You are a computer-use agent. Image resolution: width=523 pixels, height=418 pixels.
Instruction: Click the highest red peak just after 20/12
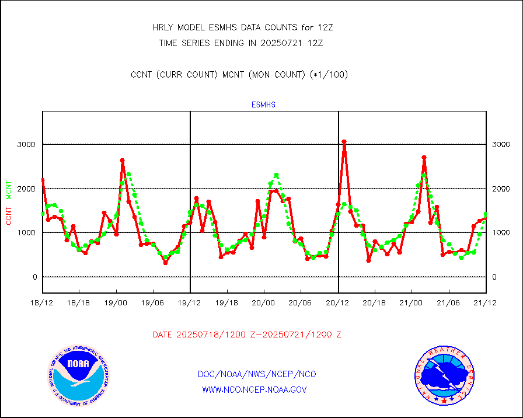344,142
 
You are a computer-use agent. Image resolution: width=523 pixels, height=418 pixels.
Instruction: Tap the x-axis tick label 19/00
116,303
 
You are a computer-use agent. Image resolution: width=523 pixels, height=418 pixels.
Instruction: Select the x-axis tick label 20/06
301,303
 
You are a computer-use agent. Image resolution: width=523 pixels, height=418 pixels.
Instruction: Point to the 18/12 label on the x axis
43,303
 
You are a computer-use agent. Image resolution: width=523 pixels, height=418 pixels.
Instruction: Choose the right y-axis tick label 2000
501,189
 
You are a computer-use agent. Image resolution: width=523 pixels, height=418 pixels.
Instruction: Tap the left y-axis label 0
34,277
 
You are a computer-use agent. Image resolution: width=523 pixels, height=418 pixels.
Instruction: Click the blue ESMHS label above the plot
263,105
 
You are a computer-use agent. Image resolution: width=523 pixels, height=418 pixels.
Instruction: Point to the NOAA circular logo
78,375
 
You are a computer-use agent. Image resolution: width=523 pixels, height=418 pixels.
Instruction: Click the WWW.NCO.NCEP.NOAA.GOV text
254,389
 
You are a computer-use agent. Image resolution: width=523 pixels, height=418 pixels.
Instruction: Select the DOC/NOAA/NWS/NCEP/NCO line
257,374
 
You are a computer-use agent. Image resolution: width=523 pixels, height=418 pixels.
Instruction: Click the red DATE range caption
247,335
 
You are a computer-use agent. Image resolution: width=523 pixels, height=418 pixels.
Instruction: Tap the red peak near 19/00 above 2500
123,160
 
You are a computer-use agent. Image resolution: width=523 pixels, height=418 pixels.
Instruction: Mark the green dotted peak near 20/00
276,175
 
